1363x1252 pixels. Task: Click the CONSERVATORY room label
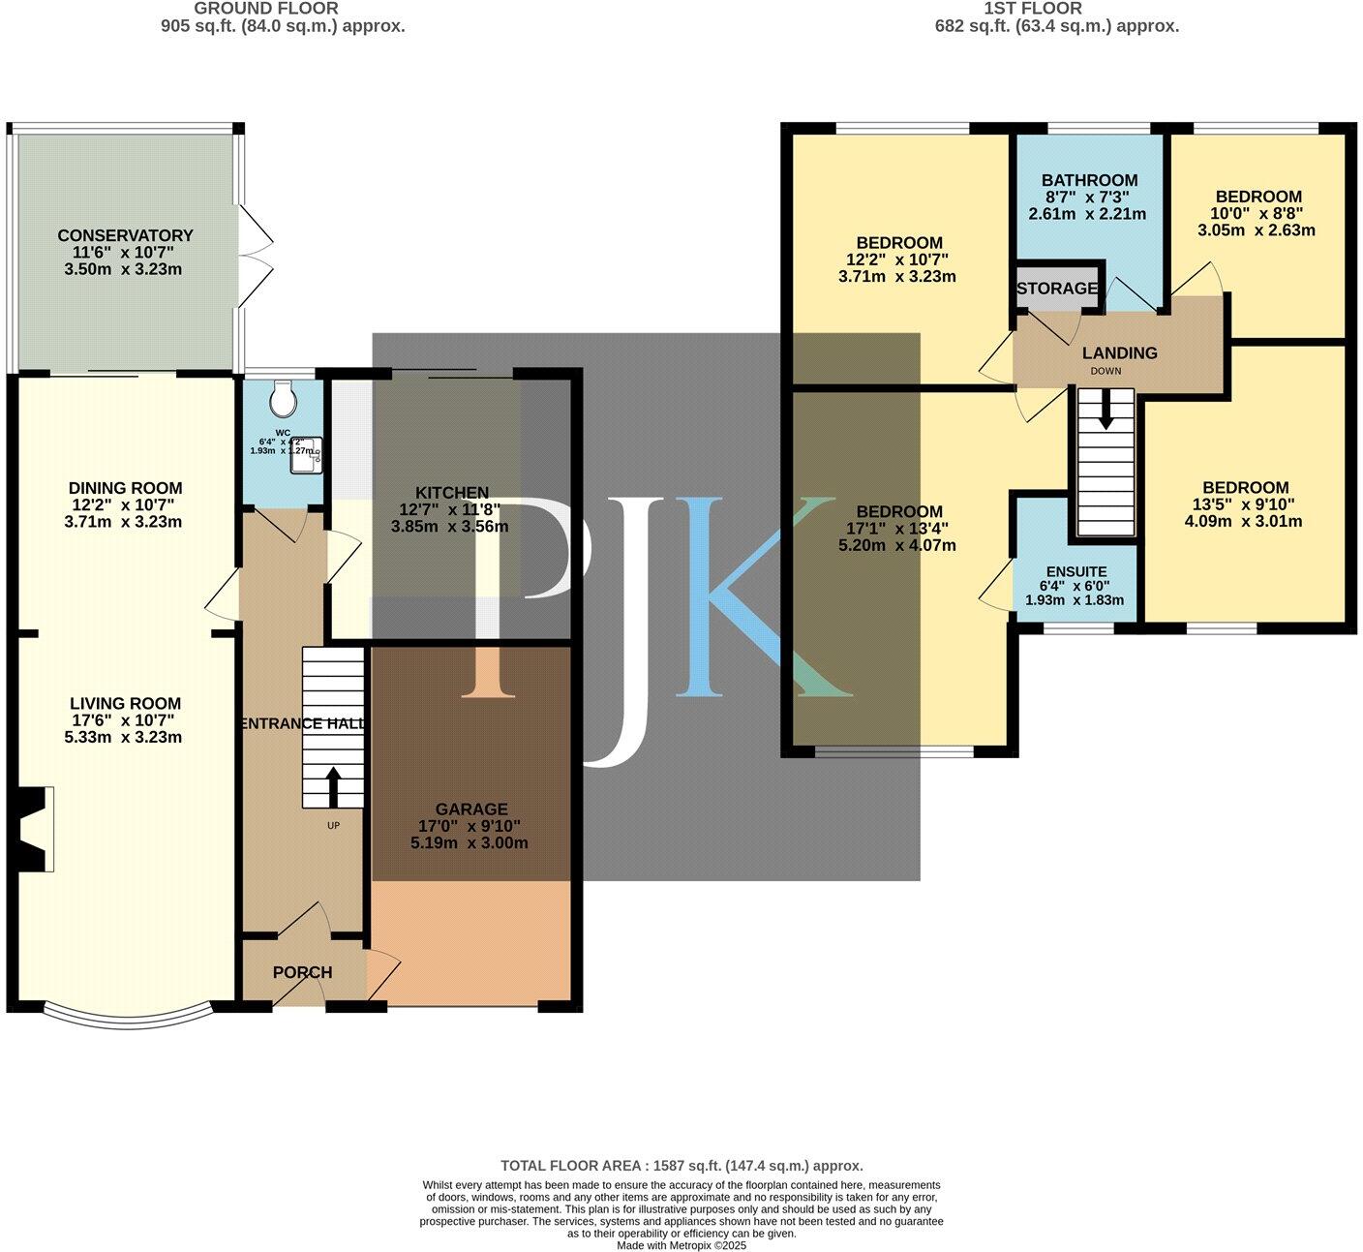125,235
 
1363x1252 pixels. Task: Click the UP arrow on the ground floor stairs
333,787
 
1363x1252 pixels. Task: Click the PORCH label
302,972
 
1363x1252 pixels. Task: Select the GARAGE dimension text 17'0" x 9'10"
470,826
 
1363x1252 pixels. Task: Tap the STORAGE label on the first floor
1057,289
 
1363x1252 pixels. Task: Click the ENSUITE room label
1075,571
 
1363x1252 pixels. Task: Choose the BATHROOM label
1089,180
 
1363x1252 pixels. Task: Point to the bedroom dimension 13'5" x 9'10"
1245,504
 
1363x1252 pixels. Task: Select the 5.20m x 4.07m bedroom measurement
896,545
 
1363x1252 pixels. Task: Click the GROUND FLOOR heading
266,9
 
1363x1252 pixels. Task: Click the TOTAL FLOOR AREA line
681,1166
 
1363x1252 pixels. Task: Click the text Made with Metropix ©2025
681,1245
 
